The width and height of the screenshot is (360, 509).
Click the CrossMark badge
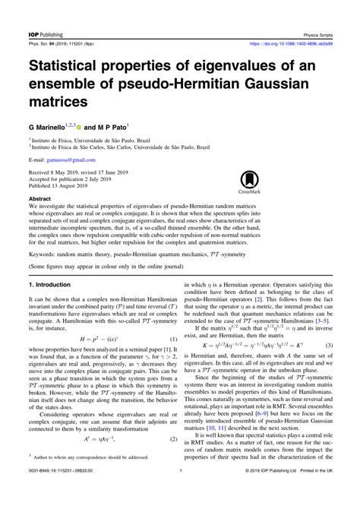click(251, 182)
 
